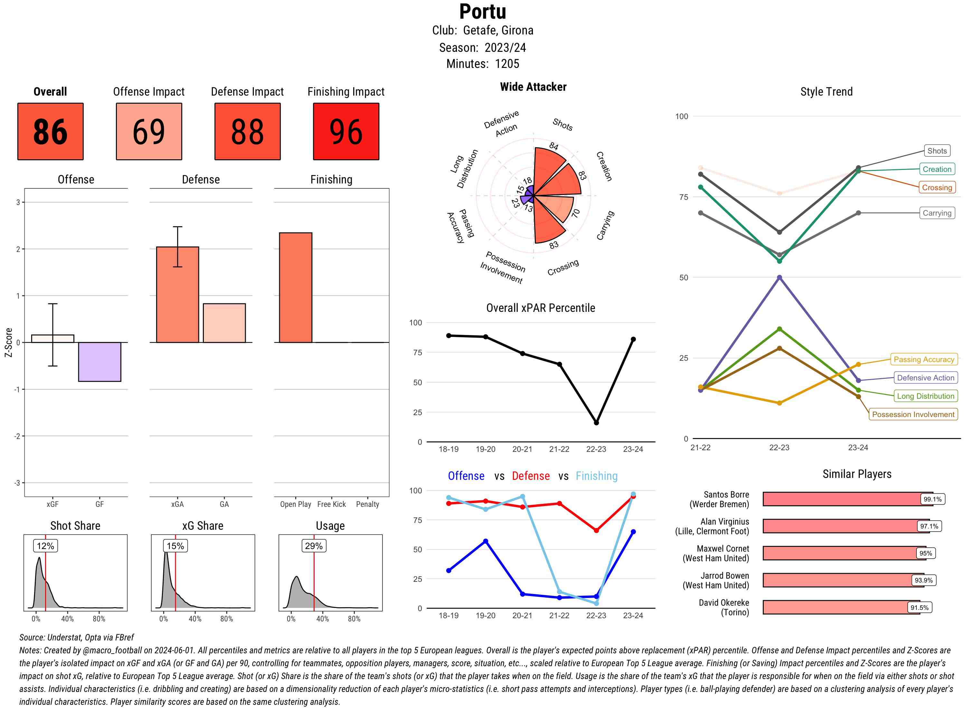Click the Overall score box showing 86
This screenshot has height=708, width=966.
(x=50, y=131)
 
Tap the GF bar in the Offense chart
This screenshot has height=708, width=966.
(x=99, y=361)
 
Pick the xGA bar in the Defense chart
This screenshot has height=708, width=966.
(x=177, y=294)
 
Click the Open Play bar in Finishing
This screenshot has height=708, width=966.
(x=295, y=287)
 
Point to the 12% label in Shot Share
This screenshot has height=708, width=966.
(x=45, y=545)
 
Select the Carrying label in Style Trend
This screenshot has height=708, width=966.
(x=936, y=213)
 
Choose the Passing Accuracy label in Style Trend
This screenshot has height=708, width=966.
(x=923, y=359)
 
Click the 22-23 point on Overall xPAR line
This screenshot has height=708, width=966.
(x=596, y=423)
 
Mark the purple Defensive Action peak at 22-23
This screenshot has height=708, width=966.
(x=779, y=277)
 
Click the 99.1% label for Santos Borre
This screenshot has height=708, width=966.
(x=932, y=499)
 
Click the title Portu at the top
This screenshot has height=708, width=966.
(x=482, y=12)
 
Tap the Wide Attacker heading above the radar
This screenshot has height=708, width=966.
(x=533, y=87)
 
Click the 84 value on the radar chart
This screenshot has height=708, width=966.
(x=554, y=146)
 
